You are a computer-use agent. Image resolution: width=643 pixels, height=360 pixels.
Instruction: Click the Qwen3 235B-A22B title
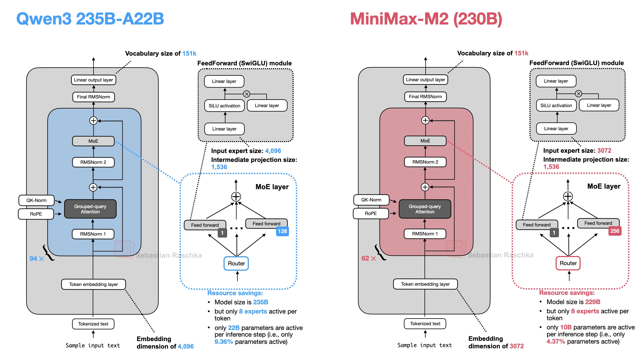coord(90,19)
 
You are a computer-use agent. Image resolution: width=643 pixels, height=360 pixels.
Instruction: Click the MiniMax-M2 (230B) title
coord(426,19)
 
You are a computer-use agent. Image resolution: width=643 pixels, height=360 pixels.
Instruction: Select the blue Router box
coord(236,263)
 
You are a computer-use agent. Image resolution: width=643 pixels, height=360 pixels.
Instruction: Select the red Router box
coord(568,263)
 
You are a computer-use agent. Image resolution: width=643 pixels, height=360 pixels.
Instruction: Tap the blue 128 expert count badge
coord(282,231)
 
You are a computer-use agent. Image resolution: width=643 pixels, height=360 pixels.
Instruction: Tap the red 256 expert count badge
coord(615,231)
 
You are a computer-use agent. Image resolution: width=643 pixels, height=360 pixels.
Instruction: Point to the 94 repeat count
coord(33,259)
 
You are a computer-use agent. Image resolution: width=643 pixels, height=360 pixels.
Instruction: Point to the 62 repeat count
coord(365,258)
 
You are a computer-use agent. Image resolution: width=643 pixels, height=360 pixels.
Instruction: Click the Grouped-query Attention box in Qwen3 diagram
coord(90,209)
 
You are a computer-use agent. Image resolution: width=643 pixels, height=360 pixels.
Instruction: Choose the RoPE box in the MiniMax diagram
coord(371,213)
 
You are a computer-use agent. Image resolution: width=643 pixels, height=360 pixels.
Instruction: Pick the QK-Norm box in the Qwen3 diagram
coord(36,200)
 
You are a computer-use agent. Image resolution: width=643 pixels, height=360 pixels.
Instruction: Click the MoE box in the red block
coord(425,141)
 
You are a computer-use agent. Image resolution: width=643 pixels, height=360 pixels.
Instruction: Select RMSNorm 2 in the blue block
coord(93,162)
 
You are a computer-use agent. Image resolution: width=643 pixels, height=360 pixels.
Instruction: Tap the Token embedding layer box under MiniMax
coord(425,284)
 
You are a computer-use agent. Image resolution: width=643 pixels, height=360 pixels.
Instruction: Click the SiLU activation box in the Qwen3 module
coord(224,106)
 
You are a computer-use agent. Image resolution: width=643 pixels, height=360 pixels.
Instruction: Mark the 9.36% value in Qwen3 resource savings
coord(224,342)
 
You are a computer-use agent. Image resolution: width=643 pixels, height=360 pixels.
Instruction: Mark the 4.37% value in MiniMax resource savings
coord(556,341)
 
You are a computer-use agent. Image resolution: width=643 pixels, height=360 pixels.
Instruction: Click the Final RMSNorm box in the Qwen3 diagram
coord(94,97)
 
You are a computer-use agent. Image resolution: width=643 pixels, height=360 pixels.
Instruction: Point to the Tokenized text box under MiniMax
coord(425,324)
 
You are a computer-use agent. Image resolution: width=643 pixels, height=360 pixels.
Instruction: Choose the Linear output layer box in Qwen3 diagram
coord(94,80)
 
